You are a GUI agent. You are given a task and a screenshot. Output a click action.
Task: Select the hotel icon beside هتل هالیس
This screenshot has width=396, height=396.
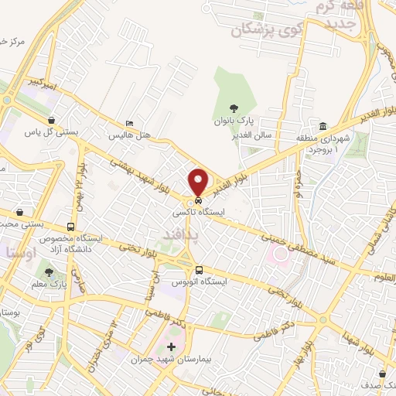point(129,124)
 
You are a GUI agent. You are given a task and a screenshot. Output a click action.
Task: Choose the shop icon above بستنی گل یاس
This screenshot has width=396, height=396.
point(51,120)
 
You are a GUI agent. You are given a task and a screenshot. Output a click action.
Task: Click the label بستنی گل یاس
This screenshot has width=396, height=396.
point(53,132)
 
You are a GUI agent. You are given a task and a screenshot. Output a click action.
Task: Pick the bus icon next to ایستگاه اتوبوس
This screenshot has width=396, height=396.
point(200,270)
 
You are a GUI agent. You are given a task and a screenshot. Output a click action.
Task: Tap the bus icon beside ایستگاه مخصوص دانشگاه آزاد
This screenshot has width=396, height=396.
point(70,227)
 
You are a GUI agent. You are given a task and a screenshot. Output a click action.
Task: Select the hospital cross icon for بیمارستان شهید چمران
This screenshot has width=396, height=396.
point(171,345)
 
